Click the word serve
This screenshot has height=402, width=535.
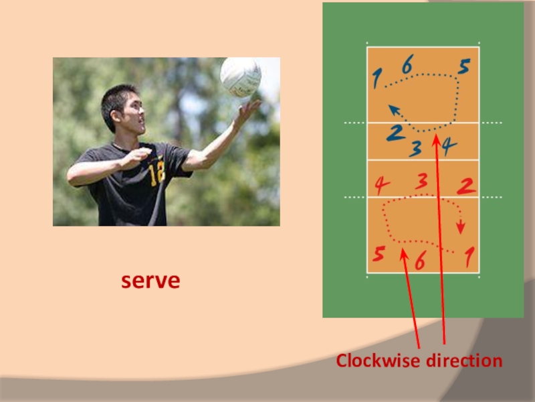[x=150, y=281]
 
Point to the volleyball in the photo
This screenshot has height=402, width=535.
[x=241, y=76]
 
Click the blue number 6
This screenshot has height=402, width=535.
[x=407, y=65]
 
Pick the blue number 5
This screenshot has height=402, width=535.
[x=464, y=67]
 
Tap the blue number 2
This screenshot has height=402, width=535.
[x=395, y=133]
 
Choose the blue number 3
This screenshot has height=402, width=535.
[x=416, y=149]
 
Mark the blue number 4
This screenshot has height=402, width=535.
[x=448, y=145]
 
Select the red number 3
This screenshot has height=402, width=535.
[x=421, y=182]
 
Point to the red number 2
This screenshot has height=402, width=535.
[x=467, y=186]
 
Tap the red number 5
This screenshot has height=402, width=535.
[x=379, y=255]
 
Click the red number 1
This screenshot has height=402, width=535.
[x=469, y=256]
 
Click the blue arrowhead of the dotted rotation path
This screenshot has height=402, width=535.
[x=394, y=109]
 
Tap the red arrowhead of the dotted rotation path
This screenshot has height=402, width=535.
[x=461, y=228]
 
